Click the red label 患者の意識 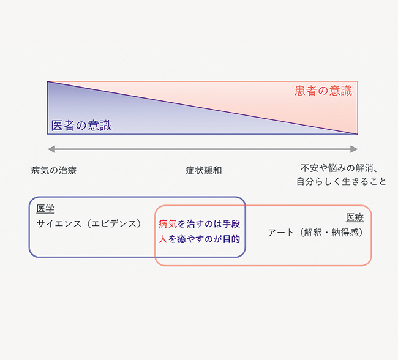click(x=323, y=91)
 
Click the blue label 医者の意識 click(x=81, y=126)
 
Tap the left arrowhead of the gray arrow click(x=51, y=149)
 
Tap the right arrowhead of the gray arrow click(x=354, y=149)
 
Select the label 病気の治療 click(x=53, y=170)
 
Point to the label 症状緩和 click(x=203, y=170)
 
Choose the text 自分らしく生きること click(x=342, y=181)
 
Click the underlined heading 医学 click(x=45, y=209)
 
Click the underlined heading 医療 click(x=355, y=217)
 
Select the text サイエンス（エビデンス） click(x=89, y=223)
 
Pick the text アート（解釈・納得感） click(x=316, y=233)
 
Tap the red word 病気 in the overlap click(x=168, y=224)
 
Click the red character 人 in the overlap click(x=163, y=239)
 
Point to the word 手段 click(x=231, y=224)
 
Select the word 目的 click(x=231, y=239)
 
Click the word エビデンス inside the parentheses click(x=114, y=223)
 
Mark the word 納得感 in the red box click(x=345, y=233)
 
